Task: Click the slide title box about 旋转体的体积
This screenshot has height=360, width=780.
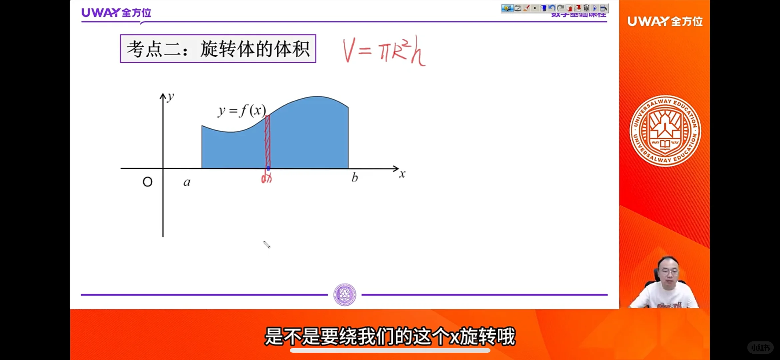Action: point(218,49)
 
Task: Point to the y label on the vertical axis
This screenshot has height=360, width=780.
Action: point(171,97)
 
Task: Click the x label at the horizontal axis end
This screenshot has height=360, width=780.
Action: point(402,174)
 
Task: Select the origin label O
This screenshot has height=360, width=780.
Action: point(147,182)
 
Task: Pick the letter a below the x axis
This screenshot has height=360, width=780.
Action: point(187,182)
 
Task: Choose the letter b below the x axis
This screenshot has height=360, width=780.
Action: point(355,177)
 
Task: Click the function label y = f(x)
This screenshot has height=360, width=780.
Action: point(242,110)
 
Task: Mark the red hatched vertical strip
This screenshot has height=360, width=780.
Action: point(268,142)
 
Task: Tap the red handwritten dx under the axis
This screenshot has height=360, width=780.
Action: point(266,179)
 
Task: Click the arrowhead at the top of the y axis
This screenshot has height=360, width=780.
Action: point(163,97)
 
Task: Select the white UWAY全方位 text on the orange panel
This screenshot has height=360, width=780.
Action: point(665,21)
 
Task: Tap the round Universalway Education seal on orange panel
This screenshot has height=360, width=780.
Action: point(665,131)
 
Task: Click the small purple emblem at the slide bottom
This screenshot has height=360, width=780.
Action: point(345,295)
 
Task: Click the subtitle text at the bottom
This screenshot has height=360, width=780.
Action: point(390,336)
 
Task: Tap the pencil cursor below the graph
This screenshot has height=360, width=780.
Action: point(267,245)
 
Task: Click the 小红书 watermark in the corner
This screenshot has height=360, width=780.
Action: point(760,348)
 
